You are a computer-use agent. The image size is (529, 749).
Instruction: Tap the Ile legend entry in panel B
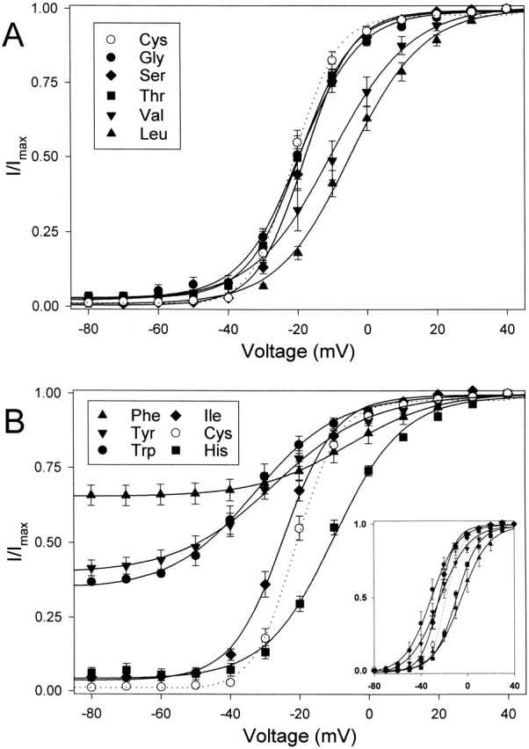point(228,409)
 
